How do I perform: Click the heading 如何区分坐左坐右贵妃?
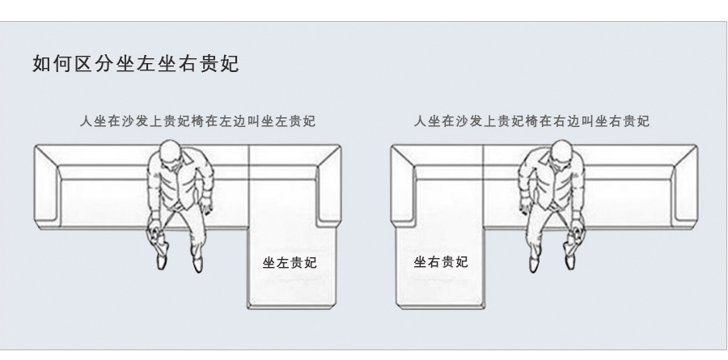point(136,64)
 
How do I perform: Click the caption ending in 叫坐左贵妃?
point(198,121)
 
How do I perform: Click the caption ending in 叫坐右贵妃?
point(531,121)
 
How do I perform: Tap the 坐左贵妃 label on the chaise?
point(290,263)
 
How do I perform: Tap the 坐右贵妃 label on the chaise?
point(441,262)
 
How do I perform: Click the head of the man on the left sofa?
point(171,153)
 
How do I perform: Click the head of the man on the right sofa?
point(562,153)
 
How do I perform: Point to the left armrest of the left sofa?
point(47,186)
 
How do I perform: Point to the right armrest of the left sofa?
point(328,186)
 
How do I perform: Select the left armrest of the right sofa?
point(403,186)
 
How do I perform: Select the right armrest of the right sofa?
point(684,186)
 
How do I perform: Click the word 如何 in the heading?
point(53,64)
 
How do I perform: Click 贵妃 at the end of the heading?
point(219,64)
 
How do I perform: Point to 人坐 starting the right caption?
point(426,121)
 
